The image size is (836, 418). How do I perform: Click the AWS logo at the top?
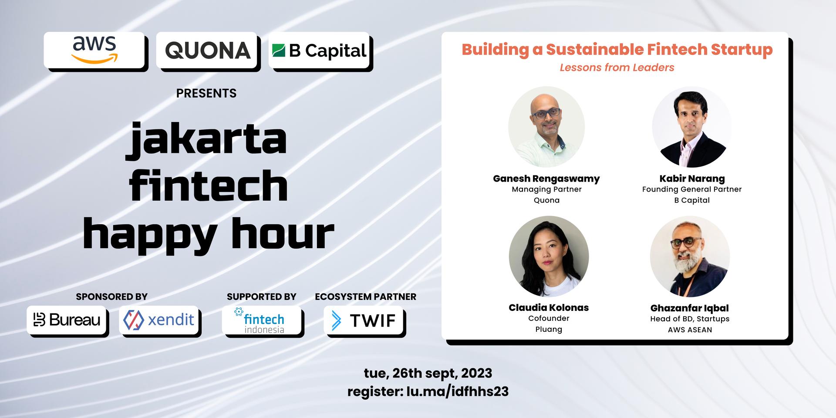[94, 50]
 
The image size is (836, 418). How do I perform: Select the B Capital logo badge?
[319, 50]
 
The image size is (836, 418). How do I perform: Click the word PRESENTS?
[206, 93]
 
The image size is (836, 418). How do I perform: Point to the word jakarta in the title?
[207, 139]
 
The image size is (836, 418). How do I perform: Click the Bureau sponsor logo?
[67, 320]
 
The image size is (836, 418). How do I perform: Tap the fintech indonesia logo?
[262, 320]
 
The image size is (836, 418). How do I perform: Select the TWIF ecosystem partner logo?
[364, 320]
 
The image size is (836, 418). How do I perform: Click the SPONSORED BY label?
[111, 297]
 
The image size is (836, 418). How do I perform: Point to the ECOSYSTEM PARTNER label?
[366, 297]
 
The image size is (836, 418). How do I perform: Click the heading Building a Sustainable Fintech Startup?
[617, 50]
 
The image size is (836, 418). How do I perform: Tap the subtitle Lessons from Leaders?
[617, 67]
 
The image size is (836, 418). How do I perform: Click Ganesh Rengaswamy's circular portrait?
[546, 127]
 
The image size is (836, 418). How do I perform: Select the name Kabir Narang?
[692, 178]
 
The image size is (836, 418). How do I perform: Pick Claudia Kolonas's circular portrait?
[549, 256]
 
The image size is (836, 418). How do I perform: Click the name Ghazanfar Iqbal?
[690, 308]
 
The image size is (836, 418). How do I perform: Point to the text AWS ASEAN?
[690, 330]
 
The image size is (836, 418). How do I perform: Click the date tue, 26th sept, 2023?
[428, 373]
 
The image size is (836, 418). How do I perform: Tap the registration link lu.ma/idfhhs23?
[457, 391]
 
